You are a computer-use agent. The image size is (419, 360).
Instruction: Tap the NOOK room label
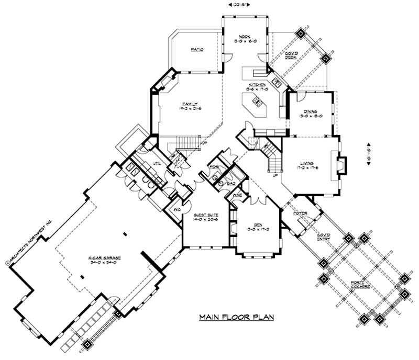[x=245, y=37]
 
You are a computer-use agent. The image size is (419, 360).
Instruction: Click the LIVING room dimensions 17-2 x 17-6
[x=307, y=168]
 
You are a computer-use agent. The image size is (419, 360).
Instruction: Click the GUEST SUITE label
[x=206, y=216]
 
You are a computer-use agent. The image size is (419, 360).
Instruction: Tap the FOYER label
[x=299, y=213]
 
